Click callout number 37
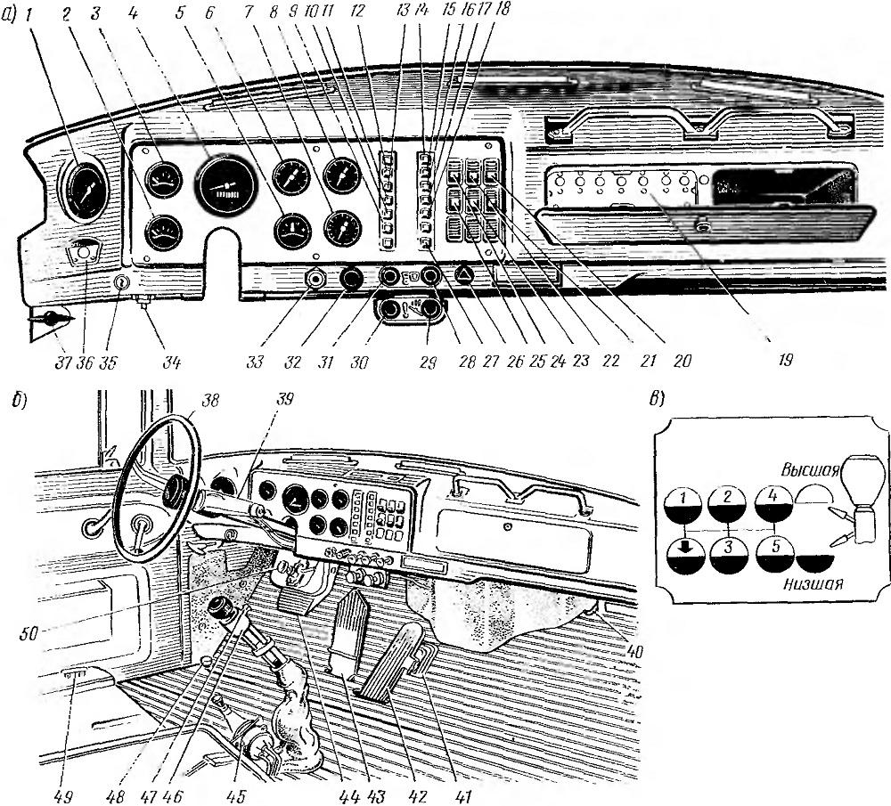38,362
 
